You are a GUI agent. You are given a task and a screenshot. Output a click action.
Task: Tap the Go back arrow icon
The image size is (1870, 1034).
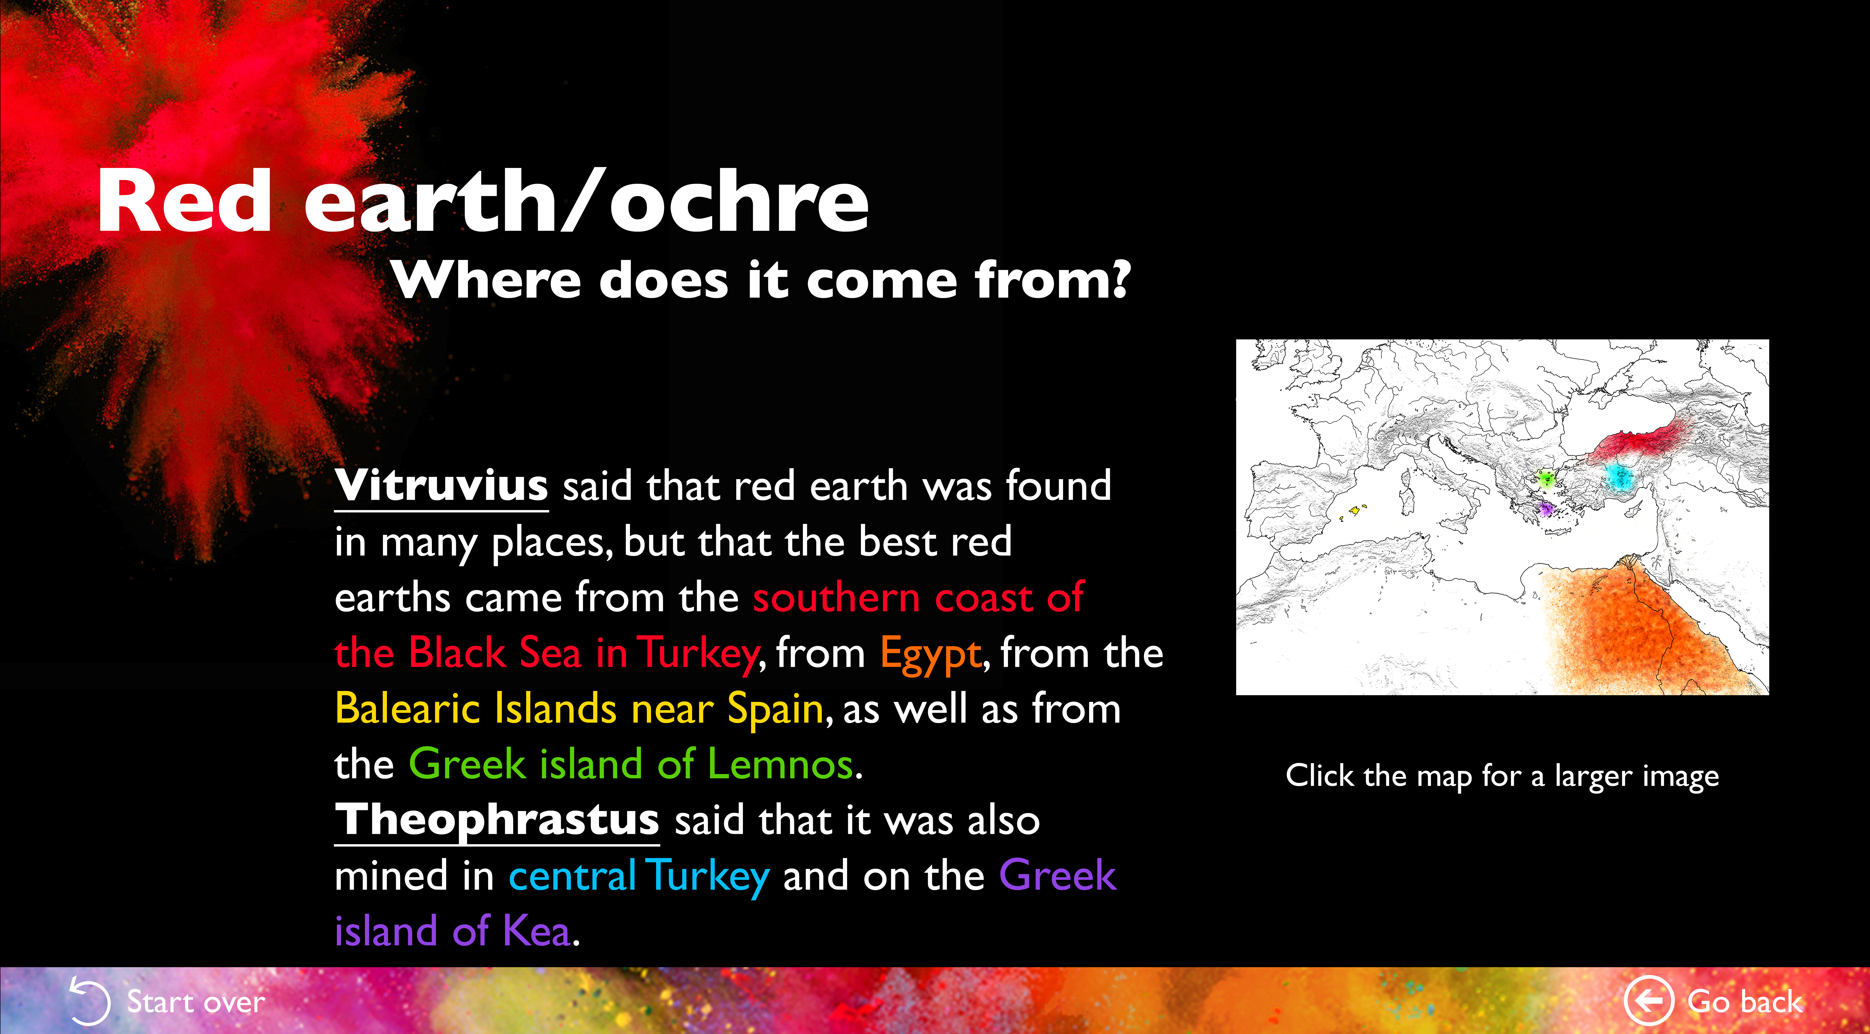coord(1648,1001)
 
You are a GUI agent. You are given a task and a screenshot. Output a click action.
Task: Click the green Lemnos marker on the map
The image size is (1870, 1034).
coord(1545,479)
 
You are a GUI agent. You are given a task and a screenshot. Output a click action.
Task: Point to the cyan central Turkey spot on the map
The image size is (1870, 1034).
coord(1617,477)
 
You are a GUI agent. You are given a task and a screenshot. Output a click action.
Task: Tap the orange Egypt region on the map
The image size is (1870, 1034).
coord(1648,632)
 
